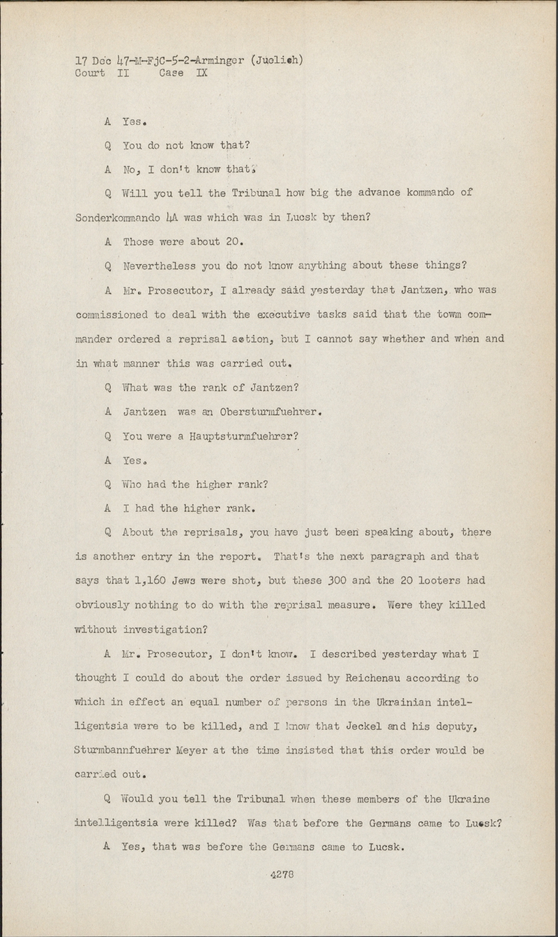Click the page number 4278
282,874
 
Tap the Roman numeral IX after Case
202,73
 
